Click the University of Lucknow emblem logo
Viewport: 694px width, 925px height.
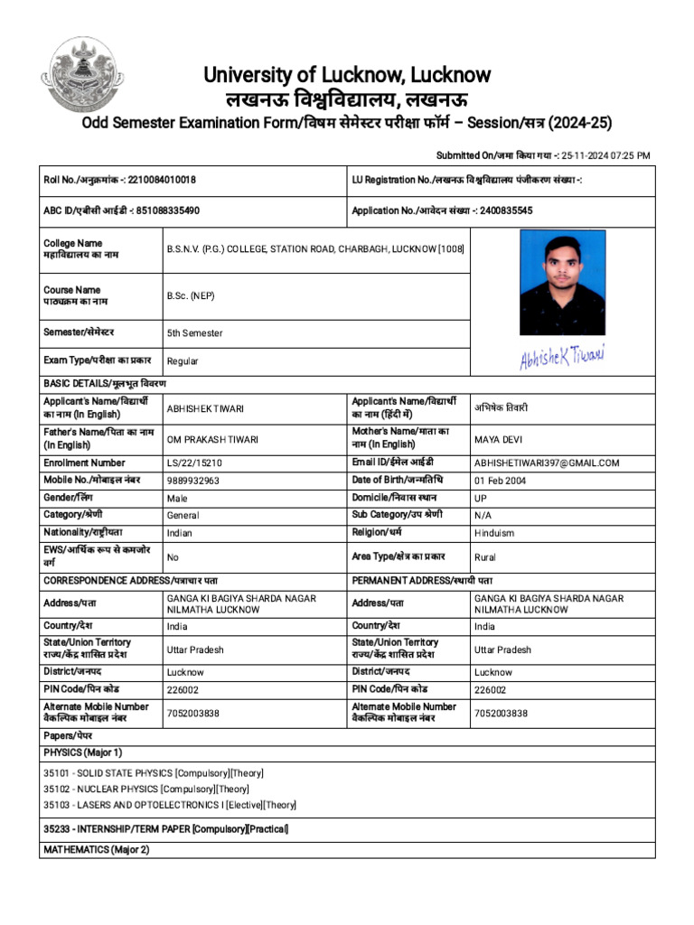point(89,75)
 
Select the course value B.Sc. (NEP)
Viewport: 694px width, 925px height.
point(191,296)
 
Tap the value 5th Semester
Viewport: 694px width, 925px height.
point(194,333)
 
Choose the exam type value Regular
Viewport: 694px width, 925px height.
point(183,361)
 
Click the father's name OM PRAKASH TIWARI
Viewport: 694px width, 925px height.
point(212,440)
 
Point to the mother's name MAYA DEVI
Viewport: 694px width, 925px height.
point(498,440)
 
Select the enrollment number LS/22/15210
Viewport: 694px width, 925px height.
point(195,463)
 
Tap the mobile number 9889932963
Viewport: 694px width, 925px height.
point(193,481)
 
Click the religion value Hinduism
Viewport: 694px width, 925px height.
point(494,534)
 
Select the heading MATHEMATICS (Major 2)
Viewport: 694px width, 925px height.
point(97,850)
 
